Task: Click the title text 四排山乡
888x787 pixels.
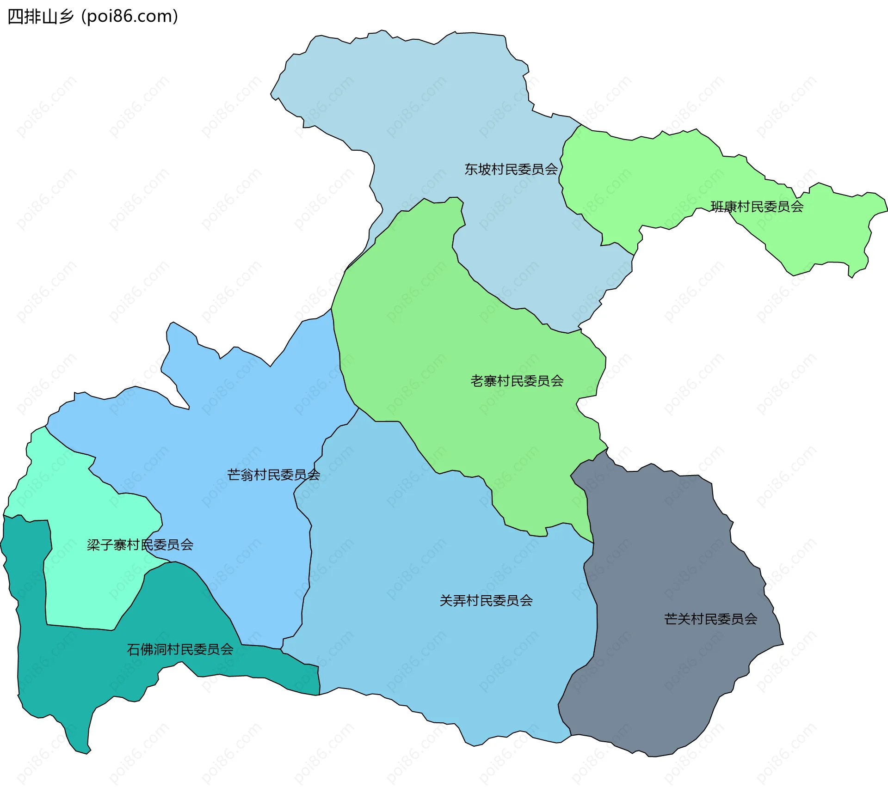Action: [41, 17]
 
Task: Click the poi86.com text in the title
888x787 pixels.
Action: [129, 17]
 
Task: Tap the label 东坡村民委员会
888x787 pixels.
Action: [511, 169]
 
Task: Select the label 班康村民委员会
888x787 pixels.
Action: [757, 207]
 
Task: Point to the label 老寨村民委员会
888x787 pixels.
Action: [517, 381]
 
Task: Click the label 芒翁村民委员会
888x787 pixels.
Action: [273, 475]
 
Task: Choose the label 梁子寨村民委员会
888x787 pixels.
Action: [140, 545]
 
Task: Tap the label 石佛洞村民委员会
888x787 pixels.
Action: [180, 649]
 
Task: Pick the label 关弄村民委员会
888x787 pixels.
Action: [486, 600]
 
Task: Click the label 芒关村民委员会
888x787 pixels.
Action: [710, 619]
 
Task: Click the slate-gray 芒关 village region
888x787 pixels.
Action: [671, 555]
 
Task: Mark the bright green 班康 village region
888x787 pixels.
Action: [647, 176]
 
